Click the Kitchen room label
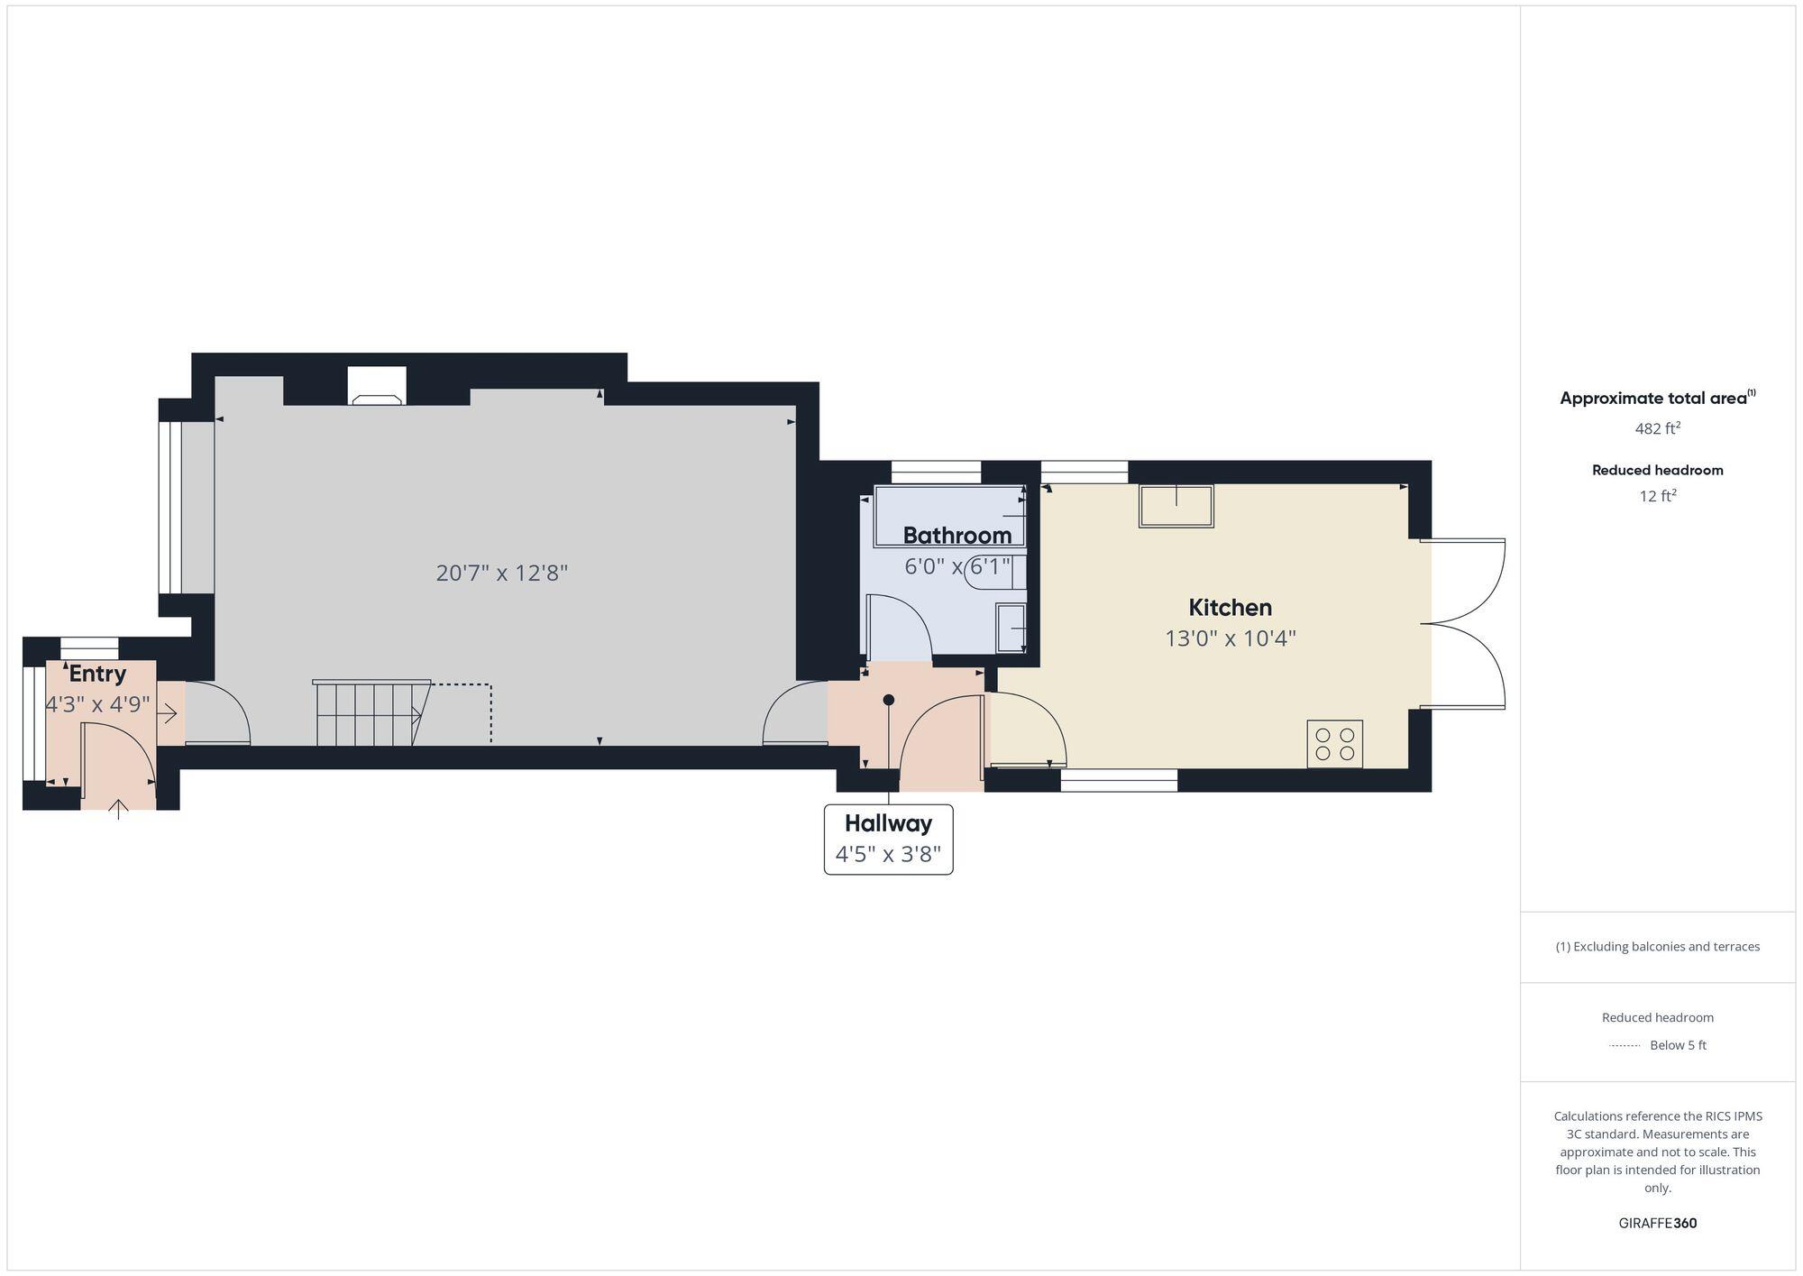click(x=1230, y=608)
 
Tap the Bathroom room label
click(x=956, y=536)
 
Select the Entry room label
click(x=97, y=674)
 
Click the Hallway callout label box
click(x=888, y=839)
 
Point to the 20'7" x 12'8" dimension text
click(x=502, y=574)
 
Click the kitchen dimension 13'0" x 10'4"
click(x=1230, y=638)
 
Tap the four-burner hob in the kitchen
click(x=1334, y=744)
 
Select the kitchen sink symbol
click(x=1176, y=506)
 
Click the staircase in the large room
click(x=370, y=713)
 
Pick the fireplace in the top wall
click(x=377, y=387)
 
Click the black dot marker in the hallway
click(x=888, y=700)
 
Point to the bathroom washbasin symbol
click(x=1011, y=628)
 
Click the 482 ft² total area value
click(x=1657, y=428)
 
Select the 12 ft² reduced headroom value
click(x=1657, y=496)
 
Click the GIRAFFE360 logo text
click(x=1657, y=1224)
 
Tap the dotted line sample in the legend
click(x=1625, y=1046)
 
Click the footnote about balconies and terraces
click(x=1657, y=947)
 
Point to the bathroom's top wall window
click(x=936, y=472)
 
